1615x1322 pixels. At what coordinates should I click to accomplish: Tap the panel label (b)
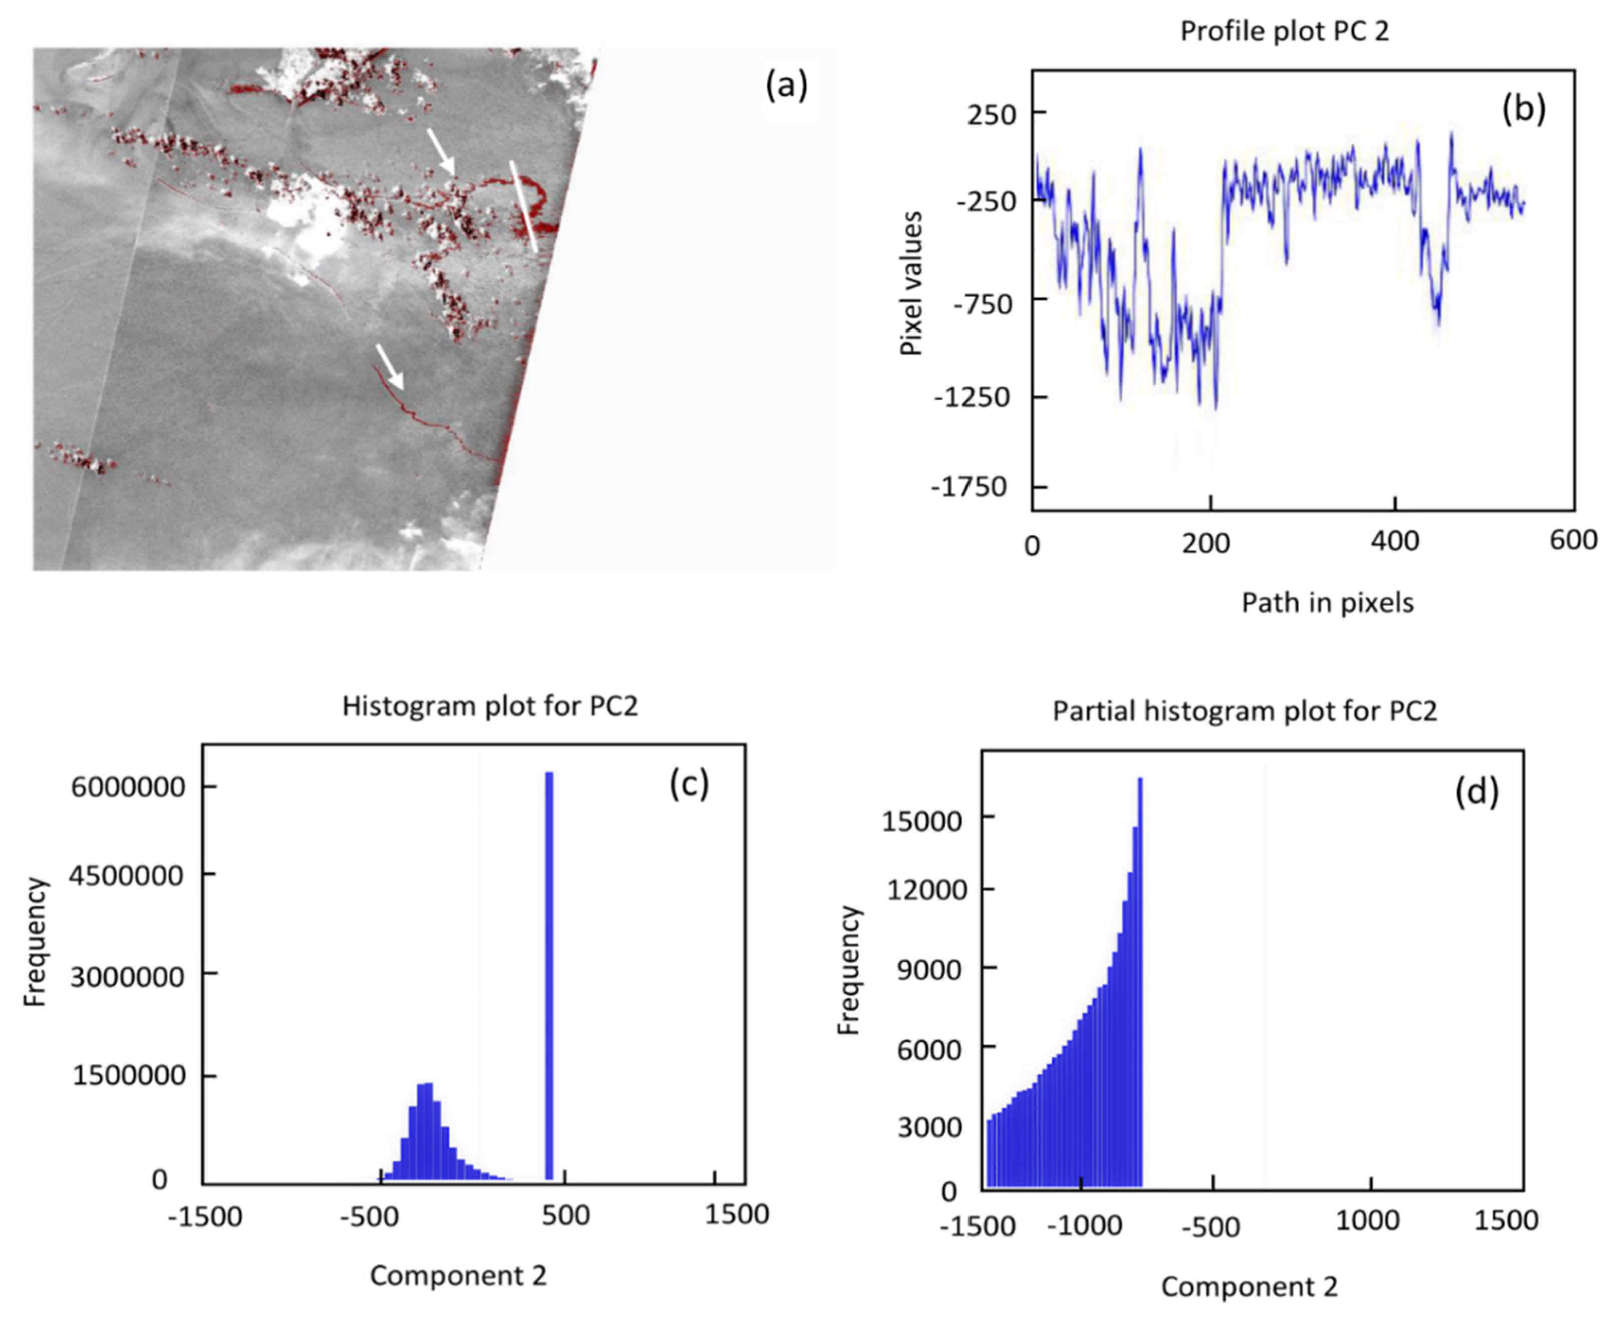[1524, 109]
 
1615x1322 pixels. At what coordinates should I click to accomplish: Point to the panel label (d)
[1476, 792]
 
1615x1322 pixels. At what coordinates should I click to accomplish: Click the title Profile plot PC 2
[1284, 31]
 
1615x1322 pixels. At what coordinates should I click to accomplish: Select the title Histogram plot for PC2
[490, 706]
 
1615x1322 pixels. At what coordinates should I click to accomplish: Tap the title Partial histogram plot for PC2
[1244, 711]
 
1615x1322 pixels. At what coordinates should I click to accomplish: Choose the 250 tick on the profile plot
[990, 114]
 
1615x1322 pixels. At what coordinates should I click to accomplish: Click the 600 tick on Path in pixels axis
[1573, 540]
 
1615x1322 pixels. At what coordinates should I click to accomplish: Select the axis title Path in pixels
[1327, 602]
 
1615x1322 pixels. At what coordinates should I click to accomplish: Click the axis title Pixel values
[911, 283]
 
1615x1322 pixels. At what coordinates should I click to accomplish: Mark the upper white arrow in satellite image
[440, 151]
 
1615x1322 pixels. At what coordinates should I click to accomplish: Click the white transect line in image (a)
[523, 206]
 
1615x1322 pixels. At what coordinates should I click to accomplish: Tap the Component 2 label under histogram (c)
[458, 1275]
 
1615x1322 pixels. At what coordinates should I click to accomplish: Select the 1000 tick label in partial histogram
[1368, 1221]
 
